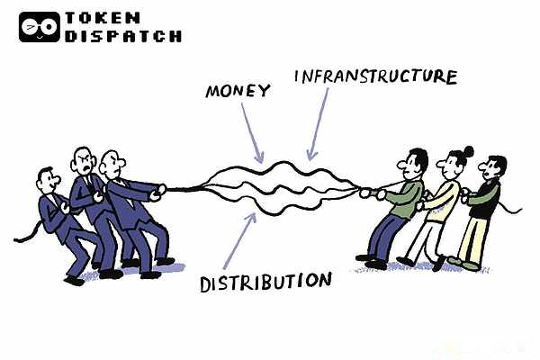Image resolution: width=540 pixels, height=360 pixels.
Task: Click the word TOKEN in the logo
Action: pyautogui.click(x=102, y=18)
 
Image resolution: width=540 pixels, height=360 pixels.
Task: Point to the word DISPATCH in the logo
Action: pyautogui.click(x=123, y=37)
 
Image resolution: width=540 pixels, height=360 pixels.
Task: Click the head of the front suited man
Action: pyautogui.click(x=113, y=165)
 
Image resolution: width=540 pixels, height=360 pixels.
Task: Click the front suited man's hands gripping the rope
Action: pyautogui.click(x=159, y=190)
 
